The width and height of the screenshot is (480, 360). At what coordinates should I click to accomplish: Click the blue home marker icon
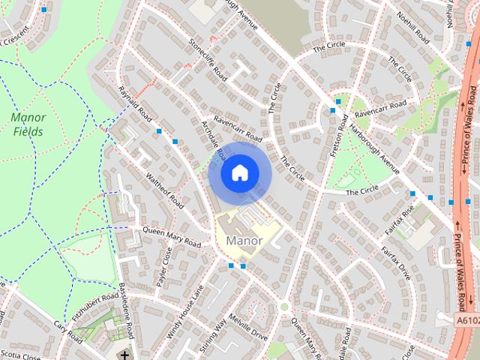(x=238, y=173)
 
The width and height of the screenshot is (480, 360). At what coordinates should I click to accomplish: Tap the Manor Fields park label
(x=28, y=124)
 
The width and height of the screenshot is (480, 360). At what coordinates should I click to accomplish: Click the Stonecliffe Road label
(x=208, y=59)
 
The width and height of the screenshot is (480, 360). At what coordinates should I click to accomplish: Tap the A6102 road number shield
(x=466, y=319)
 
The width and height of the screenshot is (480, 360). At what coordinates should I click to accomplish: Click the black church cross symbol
(x=124, y=353)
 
